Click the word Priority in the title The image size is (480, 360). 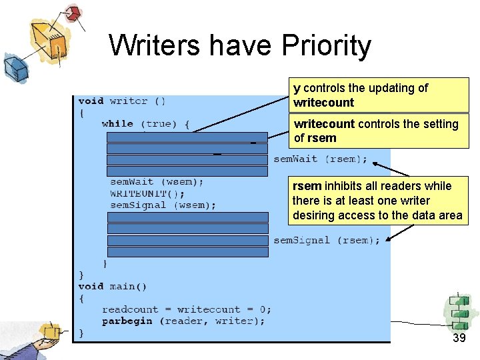tap(327, 46)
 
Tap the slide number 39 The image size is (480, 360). tap(459, 338)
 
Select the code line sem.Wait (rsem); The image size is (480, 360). tap(320, 159)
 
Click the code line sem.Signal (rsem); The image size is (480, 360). tap(326, 240)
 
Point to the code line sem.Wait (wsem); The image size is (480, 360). tap(157, 181)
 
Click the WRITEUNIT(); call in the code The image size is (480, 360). tap(147, 193)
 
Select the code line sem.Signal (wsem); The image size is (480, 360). tap(163, 205)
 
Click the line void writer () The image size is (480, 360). tap(122, 101)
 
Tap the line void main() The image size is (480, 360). tap(112, 287)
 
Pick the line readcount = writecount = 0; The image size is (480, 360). tap(187, 309)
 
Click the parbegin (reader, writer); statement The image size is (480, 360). tap(183, 321)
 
